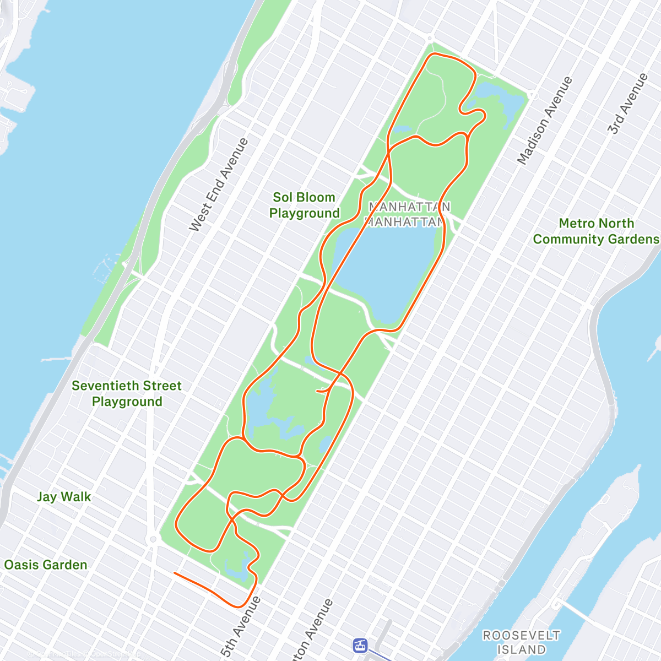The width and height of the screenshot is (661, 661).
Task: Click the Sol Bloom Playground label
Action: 304,205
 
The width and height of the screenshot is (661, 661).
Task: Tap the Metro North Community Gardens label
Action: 596,231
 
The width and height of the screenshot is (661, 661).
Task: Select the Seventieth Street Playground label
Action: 127,393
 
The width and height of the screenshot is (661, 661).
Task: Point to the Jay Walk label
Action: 64,497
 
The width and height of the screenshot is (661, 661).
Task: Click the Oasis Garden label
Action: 46,565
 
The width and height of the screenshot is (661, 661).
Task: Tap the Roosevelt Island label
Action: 521,642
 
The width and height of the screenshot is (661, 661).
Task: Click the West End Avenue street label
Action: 219,185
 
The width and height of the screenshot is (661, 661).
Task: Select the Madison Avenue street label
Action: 545,120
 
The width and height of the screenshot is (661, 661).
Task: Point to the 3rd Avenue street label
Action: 627,103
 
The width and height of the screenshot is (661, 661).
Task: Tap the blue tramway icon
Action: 360,644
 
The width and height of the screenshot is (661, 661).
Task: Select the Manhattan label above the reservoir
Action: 409,207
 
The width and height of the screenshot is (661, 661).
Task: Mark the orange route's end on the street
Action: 175,573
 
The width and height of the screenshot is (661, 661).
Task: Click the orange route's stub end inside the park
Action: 317,391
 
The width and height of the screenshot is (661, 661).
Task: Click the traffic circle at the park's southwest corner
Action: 153,539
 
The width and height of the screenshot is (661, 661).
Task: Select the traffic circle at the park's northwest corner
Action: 429,38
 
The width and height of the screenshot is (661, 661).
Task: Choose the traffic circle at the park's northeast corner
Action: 532,95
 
